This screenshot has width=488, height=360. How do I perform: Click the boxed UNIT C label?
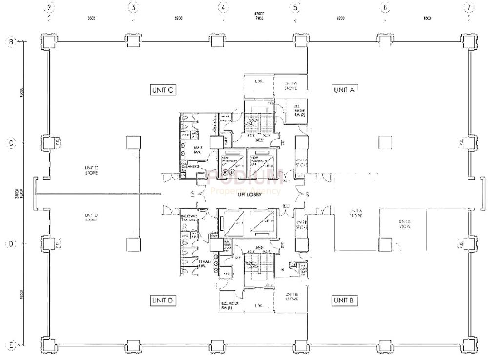(x=163, y=90)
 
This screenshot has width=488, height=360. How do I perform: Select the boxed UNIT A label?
(x=345, y=90)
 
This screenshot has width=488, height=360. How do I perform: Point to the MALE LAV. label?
(x=198, y=149)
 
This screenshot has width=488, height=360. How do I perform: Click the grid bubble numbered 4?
(x=223, y=8)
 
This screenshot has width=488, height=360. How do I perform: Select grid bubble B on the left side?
(x=11, y=41)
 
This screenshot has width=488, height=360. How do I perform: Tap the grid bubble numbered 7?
(x=469, y=8)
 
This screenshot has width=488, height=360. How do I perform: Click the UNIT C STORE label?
(x=91, y=169)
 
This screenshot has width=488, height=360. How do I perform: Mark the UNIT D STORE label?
(x=91, y=218)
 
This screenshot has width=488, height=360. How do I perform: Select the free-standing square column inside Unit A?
(x=386, y=142)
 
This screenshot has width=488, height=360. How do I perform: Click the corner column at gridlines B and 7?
(x=469, y=41)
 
